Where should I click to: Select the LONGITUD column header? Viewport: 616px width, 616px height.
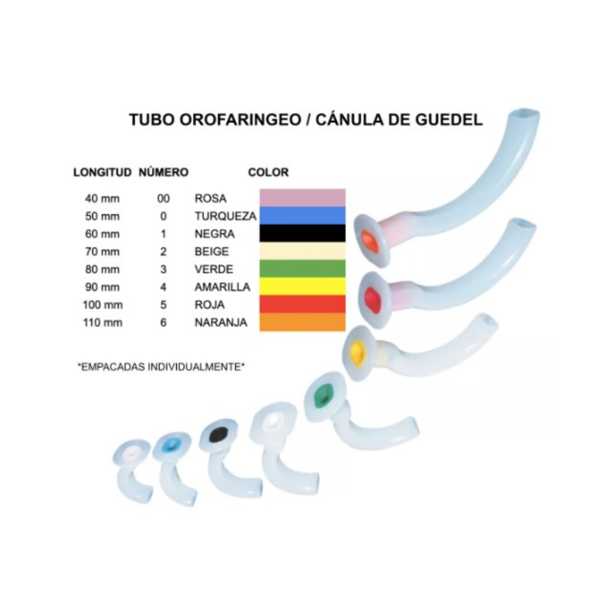point(103,172)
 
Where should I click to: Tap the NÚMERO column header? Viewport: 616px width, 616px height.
point(164,172)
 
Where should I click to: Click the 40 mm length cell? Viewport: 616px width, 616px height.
point(103,198)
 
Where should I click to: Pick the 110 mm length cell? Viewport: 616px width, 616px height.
point(103,322)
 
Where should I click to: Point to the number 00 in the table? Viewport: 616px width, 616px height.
point(164,198)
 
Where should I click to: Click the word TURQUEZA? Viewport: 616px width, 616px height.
point(225,216)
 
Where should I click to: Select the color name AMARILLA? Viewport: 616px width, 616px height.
point(222,287)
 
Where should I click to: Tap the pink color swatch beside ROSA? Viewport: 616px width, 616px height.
point(302,197)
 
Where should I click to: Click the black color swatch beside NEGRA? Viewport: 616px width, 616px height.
point(302,233)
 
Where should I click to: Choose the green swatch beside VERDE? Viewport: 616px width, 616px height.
point(302,268)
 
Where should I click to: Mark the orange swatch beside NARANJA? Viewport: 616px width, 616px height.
point(302,322)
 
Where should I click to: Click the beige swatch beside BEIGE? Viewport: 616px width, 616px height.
point(302,250)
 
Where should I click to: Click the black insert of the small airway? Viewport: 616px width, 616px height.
point(218,435)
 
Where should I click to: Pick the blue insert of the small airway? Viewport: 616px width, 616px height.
point(170,445)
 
